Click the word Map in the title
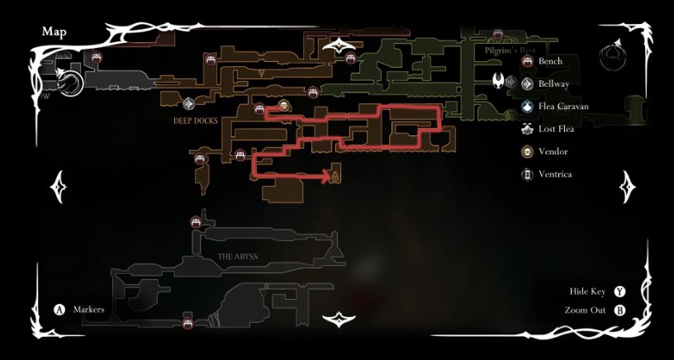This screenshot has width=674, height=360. click(x=55, y=32)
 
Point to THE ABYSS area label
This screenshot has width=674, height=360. click(x=238, y=257)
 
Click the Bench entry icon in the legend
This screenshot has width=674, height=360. click(x=527, y=61)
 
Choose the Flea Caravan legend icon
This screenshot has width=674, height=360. click(x=527, y=107)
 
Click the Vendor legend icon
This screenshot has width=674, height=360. click(x=527, y=152)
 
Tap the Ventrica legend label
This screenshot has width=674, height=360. click(x=554, y=174)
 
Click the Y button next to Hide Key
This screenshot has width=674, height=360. click(x=619, y=291)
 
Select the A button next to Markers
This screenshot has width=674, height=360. click(x=59, y=310)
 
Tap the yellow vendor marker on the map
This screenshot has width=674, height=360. click(x=283, y=105)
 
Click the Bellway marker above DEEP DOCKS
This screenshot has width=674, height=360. click(x=188, y=104)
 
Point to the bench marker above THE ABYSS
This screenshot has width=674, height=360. click(x=197, y=220)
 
